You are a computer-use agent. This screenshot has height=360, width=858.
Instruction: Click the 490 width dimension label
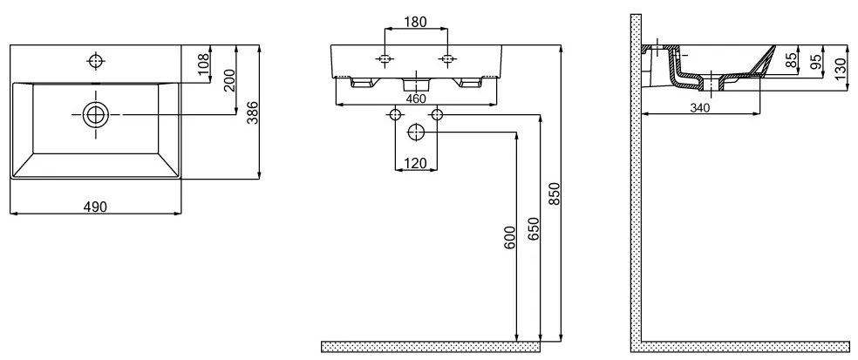(x=95, y=207)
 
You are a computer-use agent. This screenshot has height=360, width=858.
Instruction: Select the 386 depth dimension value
(x=252, y=112)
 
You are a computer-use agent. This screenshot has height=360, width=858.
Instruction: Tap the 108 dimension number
(x=203, y=64)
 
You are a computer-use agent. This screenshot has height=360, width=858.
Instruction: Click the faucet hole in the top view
(x=96, y=61)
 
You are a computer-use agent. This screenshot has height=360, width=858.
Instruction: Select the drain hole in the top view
(x=96, y=115)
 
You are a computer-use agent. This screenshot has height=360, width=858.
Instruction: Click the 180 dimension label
(x=415, y=22)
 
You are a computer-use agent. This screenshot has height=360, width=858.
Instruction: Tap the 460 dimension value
(x=416, y=98)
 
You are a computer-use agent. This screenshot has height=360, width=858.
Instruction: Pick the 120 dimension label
(x=417, y=162)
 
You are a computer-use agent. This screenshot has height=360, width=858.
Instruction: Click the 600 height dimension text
(x=509, y=237)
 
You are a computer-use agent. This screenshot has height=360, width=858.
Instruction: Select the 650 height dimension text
(x=534, y=228)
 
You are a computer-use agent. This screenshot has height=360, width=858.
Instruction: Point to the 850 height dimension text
(x=555, y=194)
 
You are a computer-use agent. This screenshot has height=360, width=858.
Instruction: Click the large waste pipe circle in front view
(x=416, y=132)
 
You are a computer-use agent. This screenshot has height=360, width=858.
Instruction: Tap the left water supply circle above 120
(x=395, y=115)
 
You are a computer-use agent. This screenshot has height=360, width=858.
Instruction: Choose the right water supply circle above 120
(x=437, y=115)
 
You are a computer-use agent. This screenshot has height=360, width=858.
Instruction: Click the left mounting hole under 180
(x=385, y=59)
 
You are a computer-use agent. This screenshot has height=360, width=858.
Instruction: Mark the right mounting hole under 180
(x=448, y=59)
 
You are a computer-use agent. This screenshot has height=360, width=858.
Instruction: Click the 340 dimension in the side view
(x=700, y=108)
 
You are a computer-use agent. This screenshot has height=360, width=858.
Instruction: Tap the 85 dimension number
(x=791, y=60)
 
